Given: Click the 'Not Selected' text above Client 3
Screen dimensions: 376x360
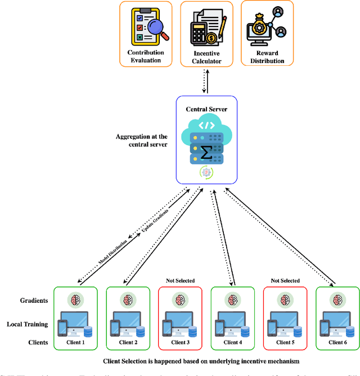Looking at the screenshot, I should [181, 280].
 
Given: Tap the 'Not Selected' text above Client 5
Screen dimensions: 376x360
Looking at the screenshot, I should [285, 280].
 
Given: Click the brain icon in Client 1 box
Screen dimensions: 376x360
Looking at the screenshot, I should [76, 300].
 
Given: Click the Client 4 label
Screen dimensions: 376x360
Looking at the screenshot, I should [232, 342].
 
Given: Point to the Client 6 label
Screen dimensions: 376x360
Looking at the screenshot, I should [337, 342].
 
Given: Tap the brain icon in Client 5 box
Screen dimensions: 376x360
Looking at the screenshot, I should [285, 300].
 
